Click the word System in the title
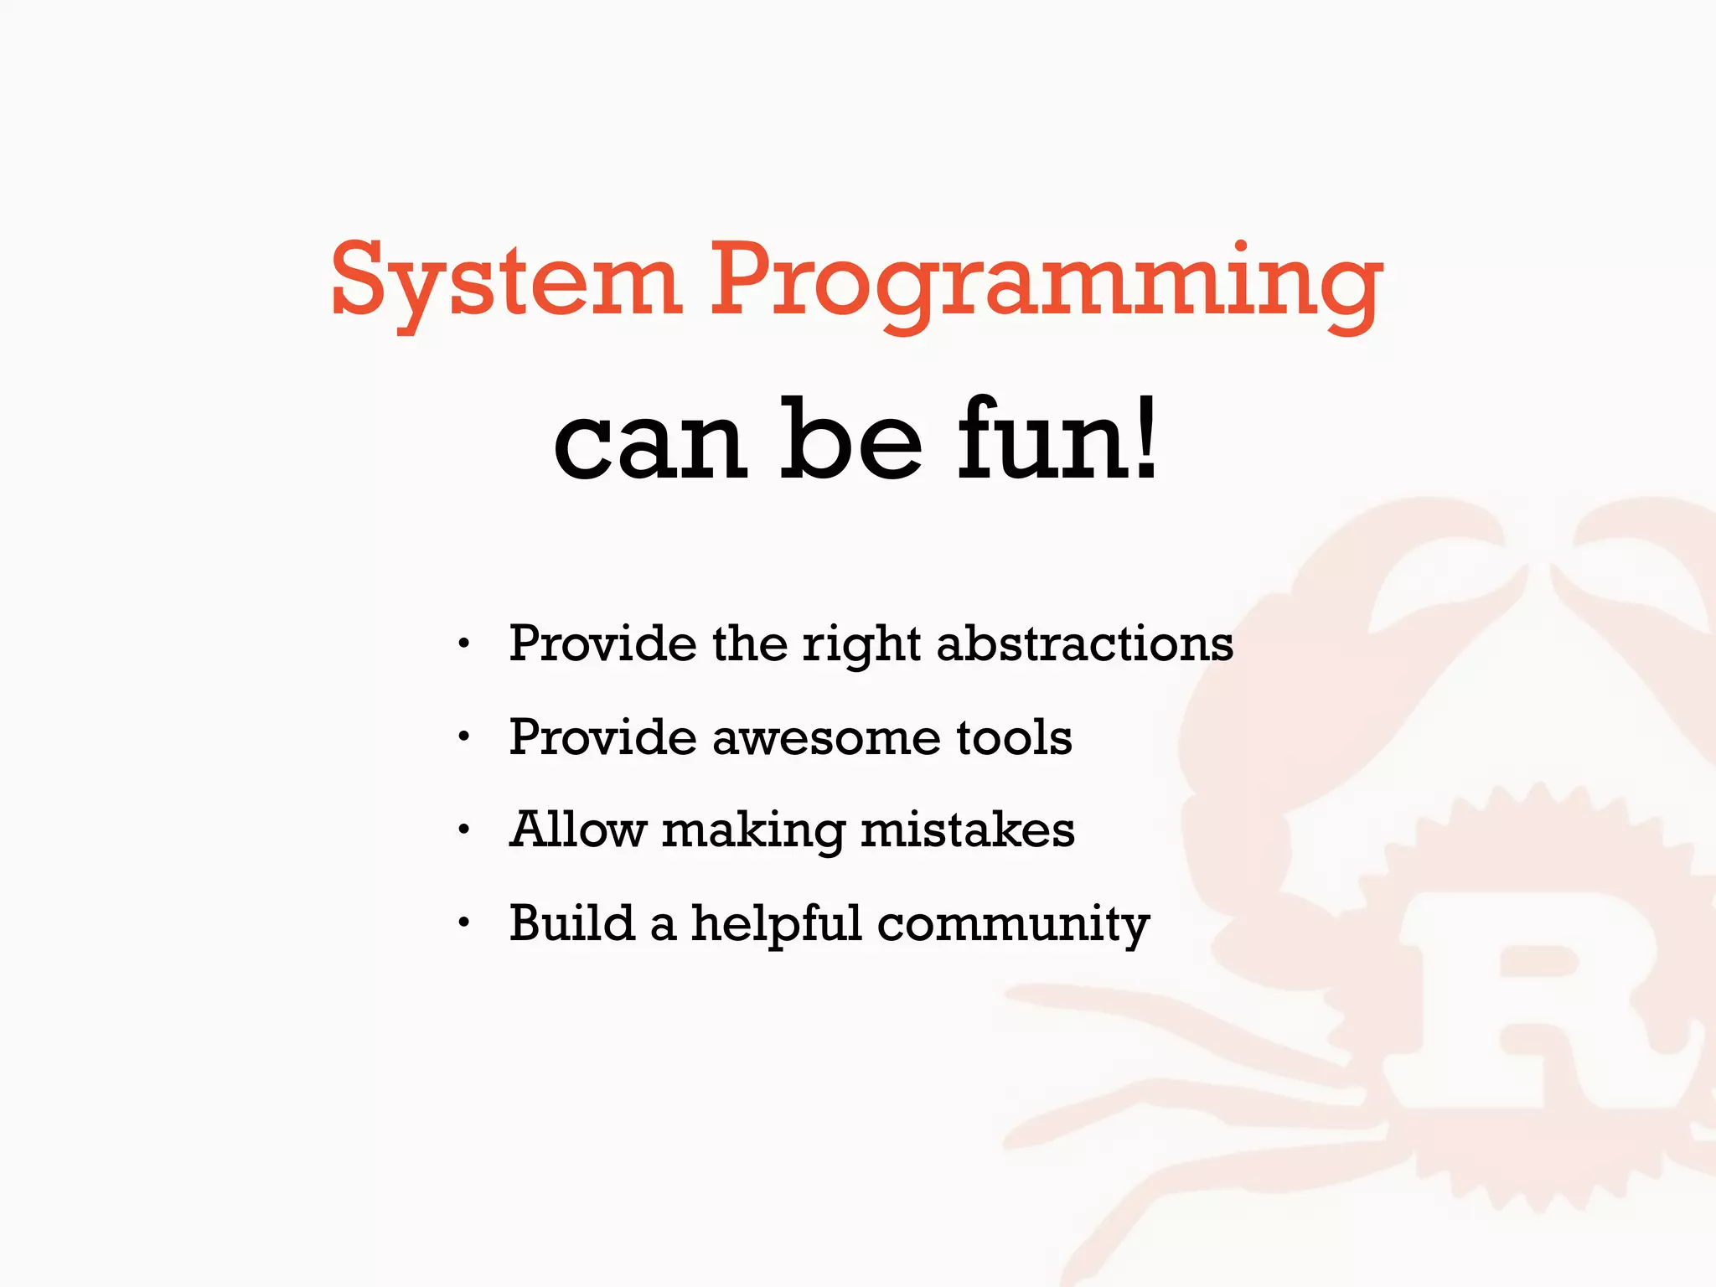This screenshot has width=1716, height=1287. tap(505, 281)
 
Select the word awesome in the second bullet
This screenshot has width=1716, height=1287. tap(826, 738)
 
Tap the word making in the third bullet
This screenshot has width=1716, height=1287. tap(753, 832)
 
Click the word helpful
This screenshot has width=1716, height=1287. tap(776, 924)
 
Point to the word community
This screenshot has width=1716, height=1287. tap(1013, 925)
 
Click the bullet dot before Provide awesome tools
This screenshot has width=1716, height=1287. tap(463, 737)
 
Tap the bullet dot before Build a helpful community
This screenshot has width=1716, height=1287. tap(463, 923)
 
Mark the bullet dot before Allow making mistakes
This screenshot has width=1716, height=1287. tap(463, 830)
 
